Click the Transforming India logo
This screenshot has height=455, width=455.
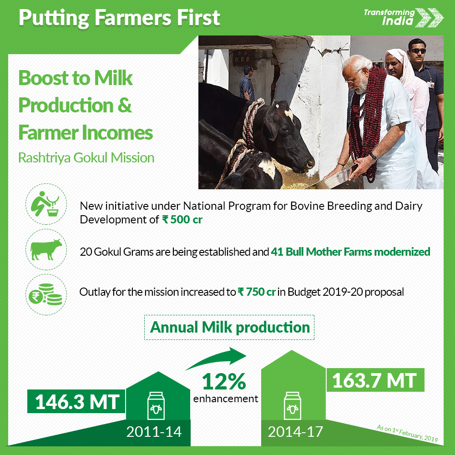tap(404, 17)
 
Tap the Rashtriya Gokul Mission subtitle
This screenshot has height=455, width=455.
tap(86, 158)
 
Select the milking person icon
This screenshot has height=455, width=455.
tap(46, 204)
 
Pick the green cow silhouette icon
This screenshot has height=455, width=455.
tap(46, 249)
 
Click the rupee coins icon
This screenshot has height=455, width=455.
tap(46, 294)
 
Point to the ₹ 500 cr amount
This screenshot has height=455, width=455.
tap(182, 220)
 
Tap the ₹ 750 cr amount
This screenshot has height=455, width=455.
tap(257, 292)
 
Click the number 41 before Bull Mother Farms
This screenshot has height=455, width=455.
tap(277, 252)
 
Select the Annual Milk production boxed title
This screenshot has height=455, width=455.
tap(229, 327)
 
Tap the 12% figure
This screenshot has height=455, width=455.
tap(224, 381)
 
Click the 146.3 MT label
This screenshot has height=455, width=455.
tap(76, 401)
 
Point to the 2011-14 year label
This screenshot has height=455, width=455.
tap(154, 432)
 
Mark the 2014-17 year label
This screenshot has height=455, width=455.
tap(295, 432)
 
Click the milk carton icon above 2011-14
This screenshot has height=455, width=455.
tap(156, 406)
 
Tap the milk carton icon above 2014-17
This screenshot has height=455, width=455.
tap(293, 406)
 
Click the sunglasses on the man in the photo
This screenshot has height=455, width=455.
tap(418, 51)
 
